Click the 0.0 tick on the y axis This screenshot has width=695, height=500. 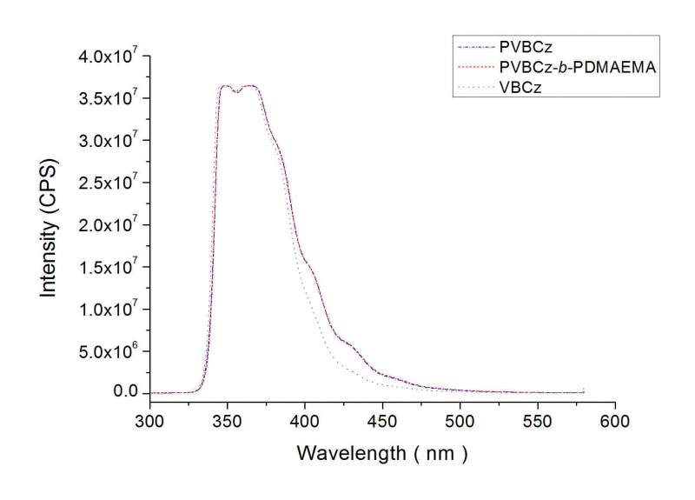[126, 393]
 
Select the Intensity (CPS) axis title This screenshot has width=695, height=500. [49, 226]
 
